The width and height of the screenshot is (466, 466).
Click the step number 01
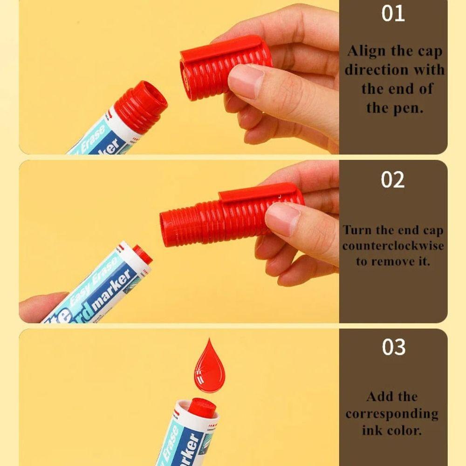393,14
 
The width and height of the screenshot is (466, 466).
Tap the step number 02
393,179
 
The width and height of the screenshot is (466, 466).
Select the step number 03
393,347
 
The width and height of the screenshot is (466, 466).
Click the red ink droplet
209,368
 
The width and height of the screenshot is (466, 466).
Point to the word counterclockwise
393,246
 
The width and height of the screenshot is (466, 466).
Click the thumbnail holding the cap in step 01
246,80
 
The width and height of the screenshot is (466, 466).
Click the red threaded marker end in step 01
141,106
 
